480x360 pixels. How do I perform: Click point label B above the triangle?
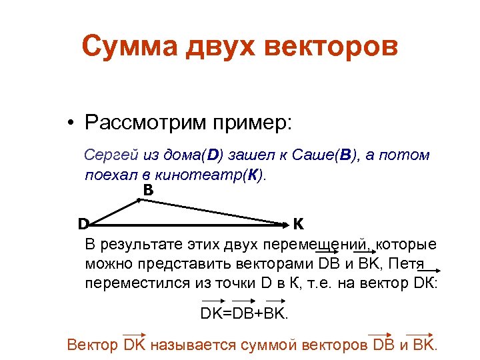(x=148, y=191)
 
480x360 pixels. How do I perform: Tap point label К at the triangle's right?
(x=298, y=222)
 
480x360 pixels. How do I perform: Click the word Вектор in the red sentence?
(x=94, y=345)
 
